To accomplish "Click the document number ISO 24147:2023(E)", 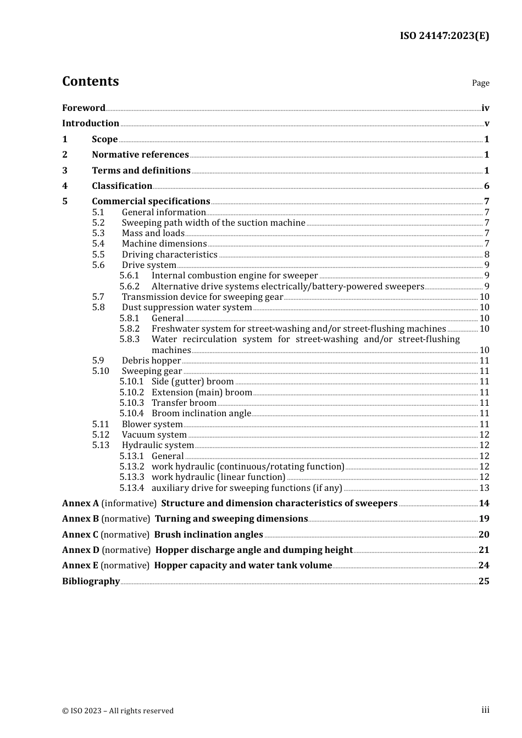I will click(444, 36).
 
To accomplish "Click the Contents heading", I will click(90, 81).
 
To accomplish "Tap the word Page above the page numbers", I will click(480, 83).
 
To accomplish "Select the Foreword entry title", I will click(84, 108).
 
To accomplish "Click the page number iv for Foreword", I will click(485, 108).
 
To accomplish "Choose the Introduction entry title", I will click(91, 124).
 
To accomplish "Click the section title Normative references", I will click(140, 155).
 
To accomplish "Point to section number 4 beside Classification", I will click(65, 186).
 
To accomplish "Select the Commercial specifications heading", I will click(151, 202).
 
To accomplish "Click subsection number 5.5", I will click(98, 254).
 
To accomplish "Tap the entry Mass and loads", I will click(153, 233).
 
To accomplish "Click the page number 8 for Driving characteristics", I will click(487, 255).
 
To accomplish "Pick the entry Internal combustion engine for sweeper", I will click(235, 276).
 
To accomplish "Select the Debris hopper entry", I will click(151, 361).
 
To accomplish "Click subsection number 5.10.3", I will click(132, 403).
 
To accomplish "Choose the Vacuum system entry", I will click(154, 435).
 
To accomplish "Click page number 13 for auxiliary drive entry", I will click(484, 488).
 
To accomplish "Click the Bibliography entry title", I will click(91, 582).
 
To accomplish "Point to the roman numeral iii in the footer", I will click(485, 710).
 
